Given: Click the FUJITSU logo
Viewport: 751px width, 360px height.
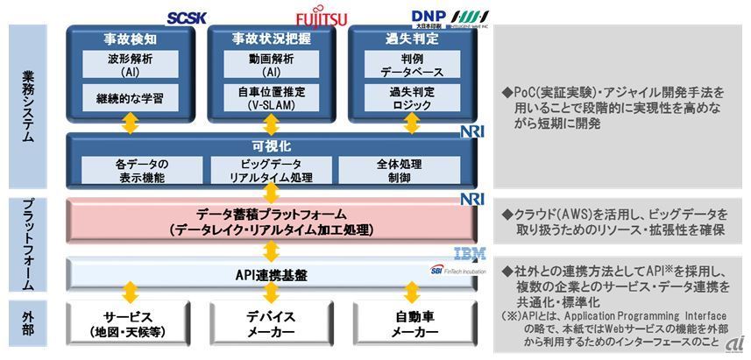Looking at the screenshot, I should [x=320, y=17].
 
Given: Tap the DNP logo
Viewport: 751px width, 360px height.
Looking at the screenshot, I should [x=429, y=17].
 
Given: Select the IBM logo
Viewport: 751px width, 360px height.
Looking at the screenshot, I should [x=468, y=254].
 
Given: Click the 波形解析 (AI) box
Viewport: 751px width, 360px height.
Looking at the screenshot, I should [x=130, y=64].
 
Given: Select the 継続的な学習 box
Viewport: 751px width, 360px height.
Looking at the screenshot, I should [x=130, y=98].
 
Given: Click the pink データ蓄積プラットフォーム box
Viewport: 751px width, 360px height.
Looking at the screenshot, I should [x=270, y=222].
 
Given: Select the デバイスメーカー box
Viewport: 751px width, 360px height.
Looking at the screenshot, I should [x=271, y=325].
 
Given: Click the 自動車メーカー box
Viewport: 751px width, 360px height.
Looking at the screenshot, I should [x=412, y=325].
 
